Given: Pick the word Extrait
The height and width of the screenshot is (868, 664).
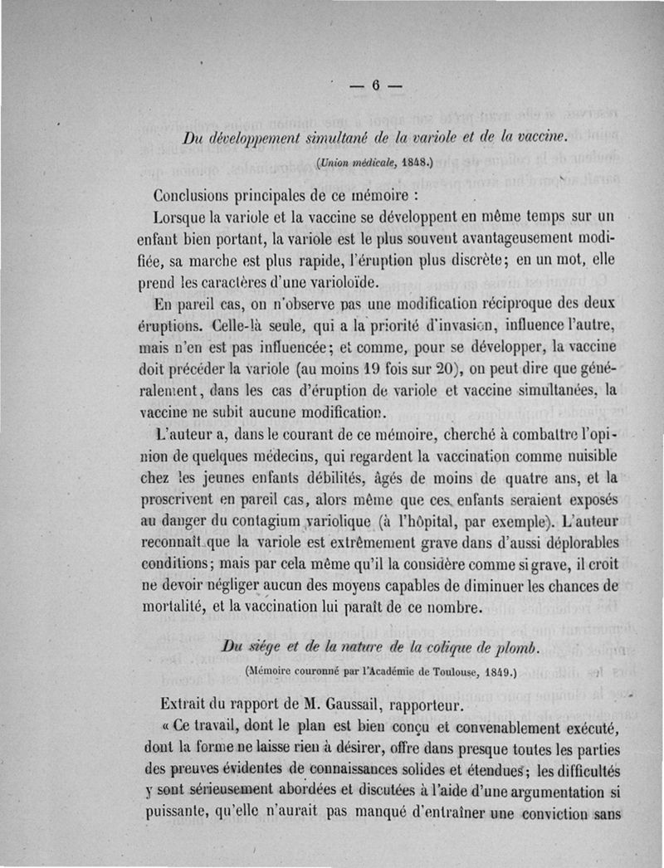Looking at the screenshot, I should (x=180, y=706).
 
